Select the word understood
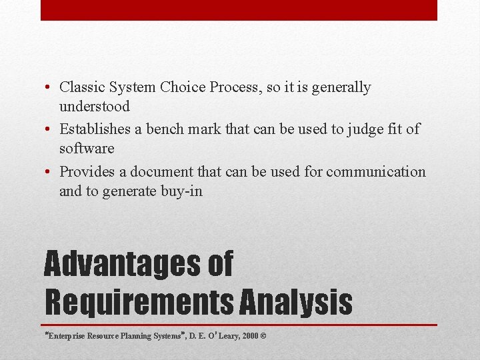95,106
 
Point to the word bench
184,129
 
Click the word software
87,148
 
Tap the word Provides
87,172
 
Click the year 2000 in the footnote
250,336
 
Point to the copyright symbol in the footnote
263,336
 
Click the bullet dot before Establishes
50,130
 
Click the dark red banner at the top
239,10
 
